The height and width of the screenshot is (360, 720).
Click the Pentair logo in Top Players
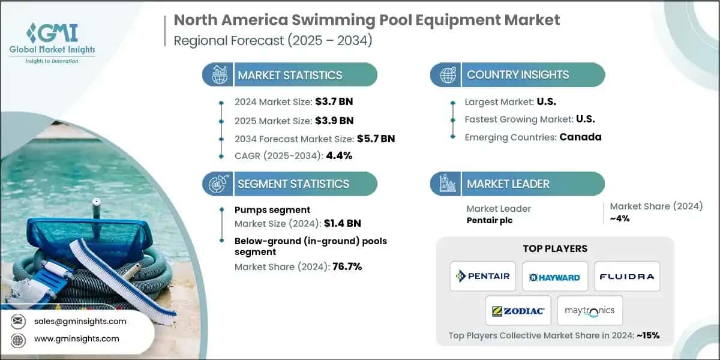(x=483, y=276)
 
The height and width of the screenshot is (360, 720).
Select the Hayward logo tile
(x=554, y=277)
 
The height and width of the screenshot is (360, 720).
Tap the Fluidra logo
(x=626, y=277)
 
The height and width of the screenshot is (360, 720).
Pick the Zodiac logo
(x=518, y=311)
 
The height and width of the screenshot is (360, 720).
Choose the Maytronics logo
(x=590, y=311)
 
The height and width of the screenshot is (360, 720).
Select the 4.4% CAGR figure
(x=338, y=156)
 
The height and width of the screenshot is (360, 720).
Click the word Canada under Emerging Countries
(x=580, y=137)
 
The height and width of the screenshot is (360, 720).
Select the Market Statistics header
(x=290, y=75)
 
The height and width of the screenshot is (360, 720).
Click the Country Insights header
(x=518, y=75)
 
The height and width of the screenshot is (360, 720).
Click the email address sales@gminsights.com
(x=80, y=321)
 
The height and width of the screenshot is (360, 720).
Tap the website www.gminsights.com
(x=77, y=338)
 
